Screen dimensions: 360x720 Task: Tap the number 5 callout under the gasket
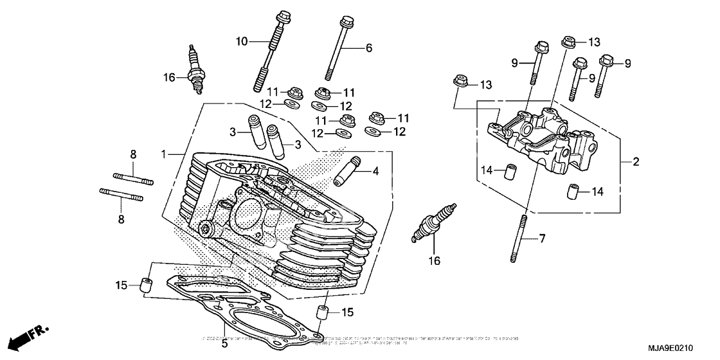224,344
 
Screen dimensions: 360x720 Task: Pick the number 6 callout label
369,48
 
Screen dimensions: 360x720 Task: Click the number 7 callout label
542,239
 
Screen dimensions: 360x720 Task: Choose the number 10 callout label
240,42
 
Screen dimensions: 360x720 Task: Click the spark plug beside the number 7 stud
437,222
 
